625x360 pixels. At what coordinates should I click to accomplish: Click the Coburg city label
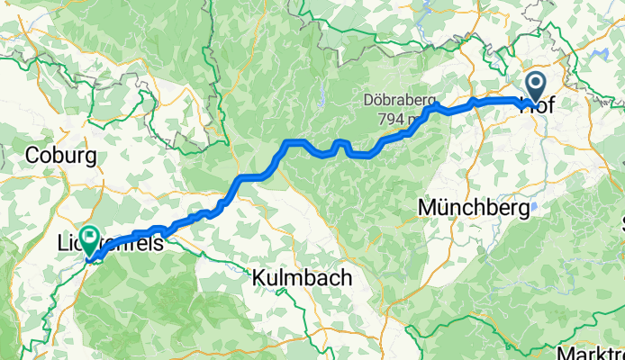point(61,156)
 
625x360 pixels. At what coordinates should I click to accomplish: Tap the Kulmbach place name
point(301,278)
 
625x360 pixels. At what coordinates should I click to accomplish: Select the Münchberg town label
point(472,208)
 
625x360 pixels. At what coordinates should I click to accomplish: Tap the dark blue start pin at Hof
point(535,88)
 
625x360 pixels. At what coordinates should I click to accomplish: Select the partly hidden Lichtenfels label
point(117,243)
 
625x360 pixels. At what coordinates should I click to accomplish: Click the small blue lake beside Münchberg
point(535,206)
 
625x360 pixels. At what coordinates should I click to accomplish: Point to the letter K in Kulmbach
point(258,278)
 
